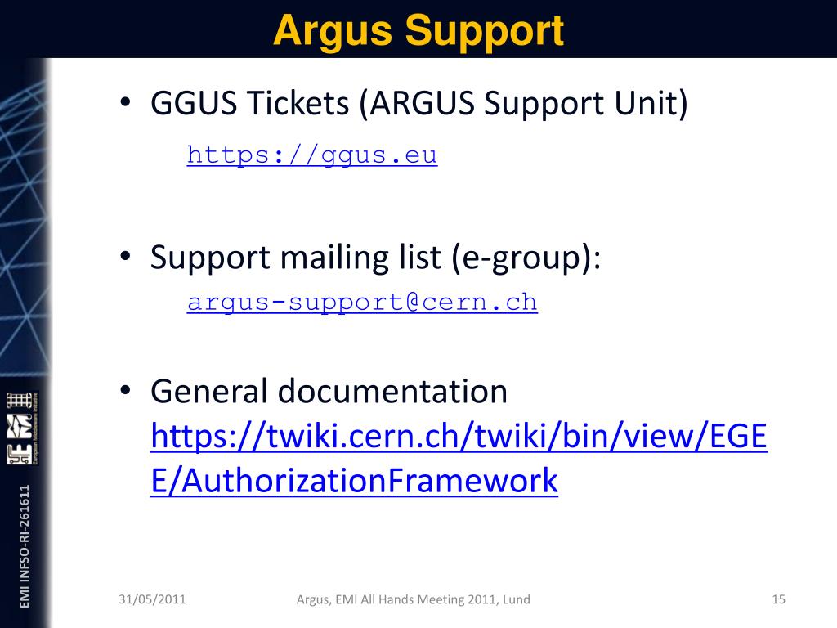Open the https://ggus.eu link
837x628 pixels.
click(312, 155)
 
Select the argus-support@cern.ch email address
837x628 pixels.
click(362, 302)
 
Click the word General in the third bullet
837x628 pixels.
click(208, 392)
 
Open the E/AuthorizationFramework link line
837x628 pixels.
click(354, 481)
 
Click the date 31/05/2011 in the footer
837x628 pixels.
click(152, 599)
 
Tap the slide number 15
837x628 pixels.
click(778, 599)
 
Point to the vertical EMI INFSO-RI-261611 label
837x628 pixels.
click(24, 545)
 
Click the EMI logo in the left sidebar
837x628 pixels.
click(24, 428)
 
